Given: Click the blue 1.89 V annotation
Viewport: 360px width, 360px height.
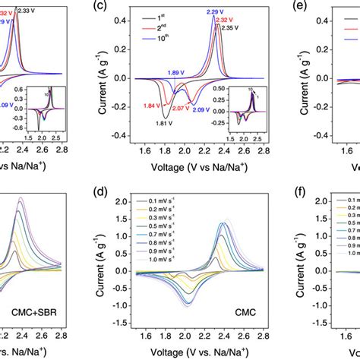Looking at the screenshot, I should pyautogui.click(x=176, y=73).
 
